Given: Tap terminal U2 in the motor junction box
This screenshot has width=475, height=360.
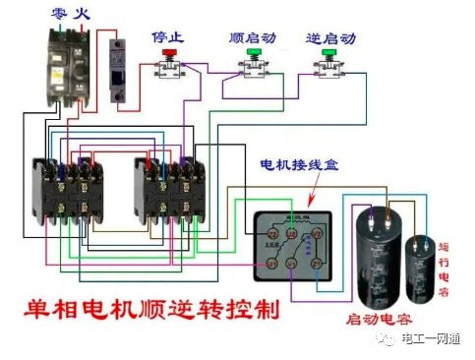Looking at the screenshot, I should click(x=290, y=233).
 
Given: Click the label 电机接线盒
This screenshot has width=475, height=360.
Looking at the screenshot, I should click(x=298, y=165).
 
